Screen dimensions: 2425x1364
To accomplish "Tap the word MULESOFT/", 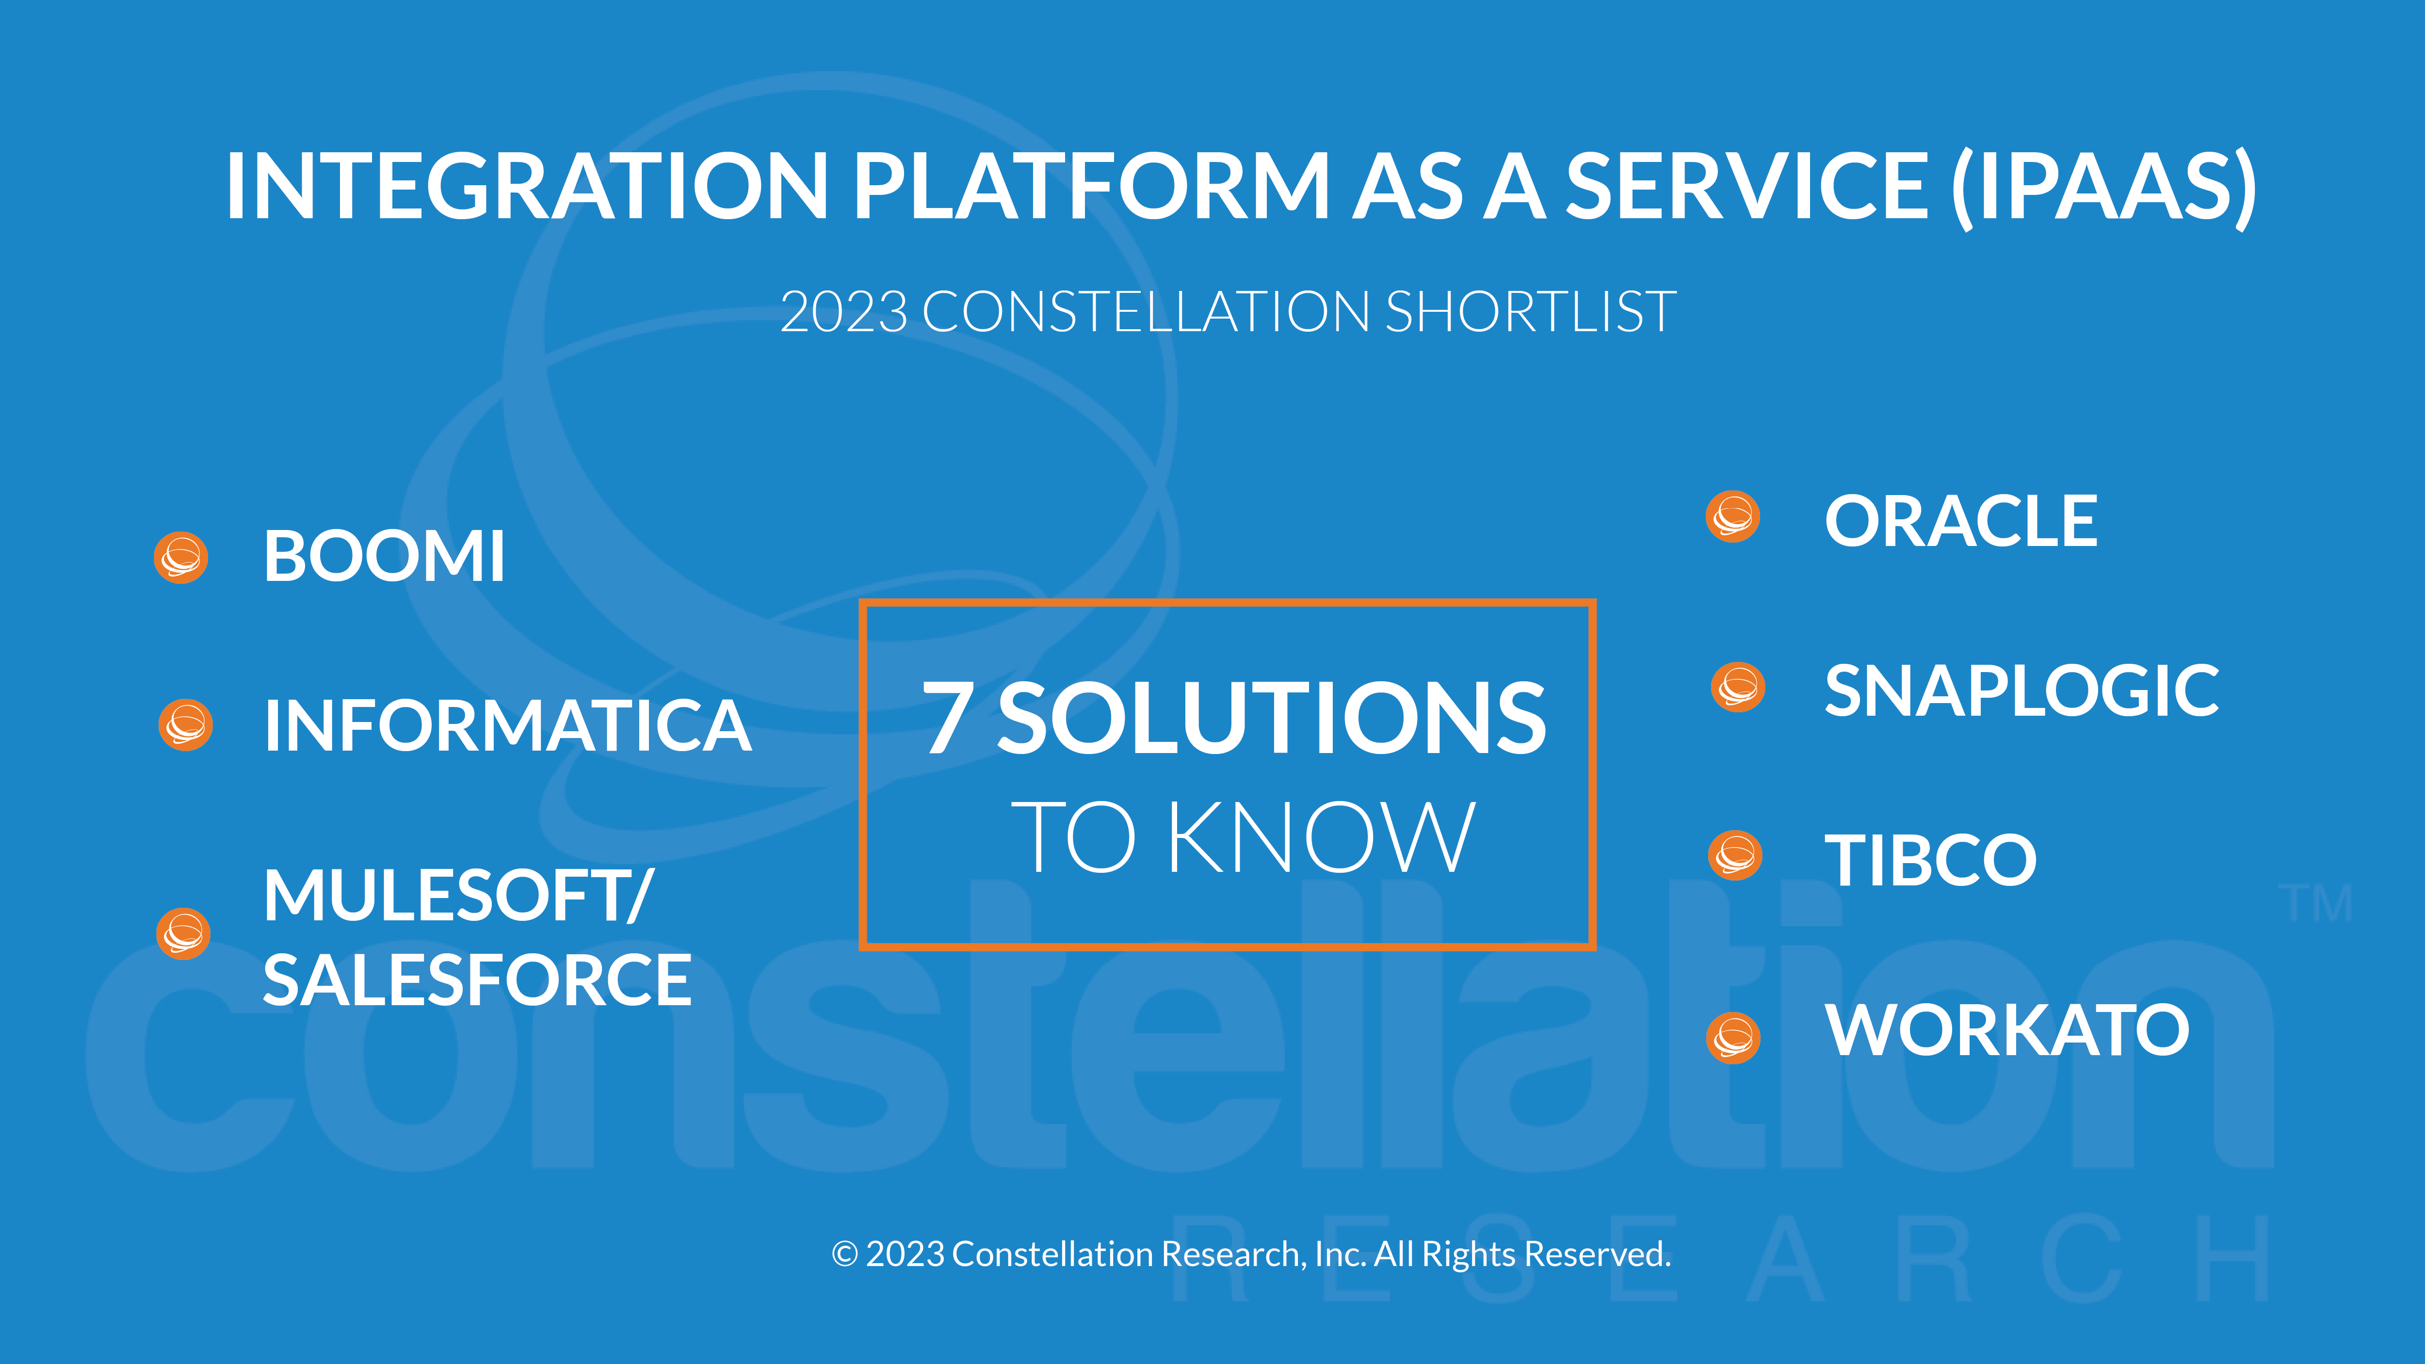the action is [457, 895].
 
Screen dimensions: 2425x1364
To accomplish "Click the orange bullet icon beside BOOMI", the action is [181, 557].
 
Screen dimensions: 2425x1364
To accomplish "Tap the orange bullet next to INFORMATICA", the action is [185, 725].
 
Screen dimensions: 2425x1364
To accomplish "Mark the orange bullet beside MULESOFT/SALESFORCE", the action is [183, 934].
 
